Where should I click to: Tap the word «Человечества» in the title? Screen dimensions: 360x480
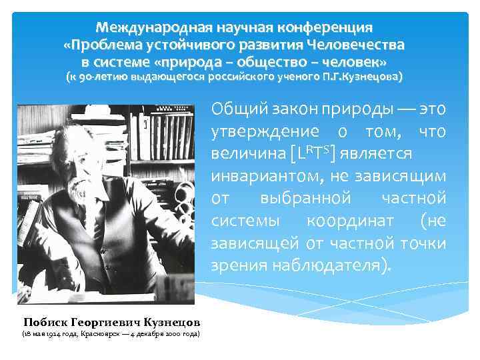[357, 46]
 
